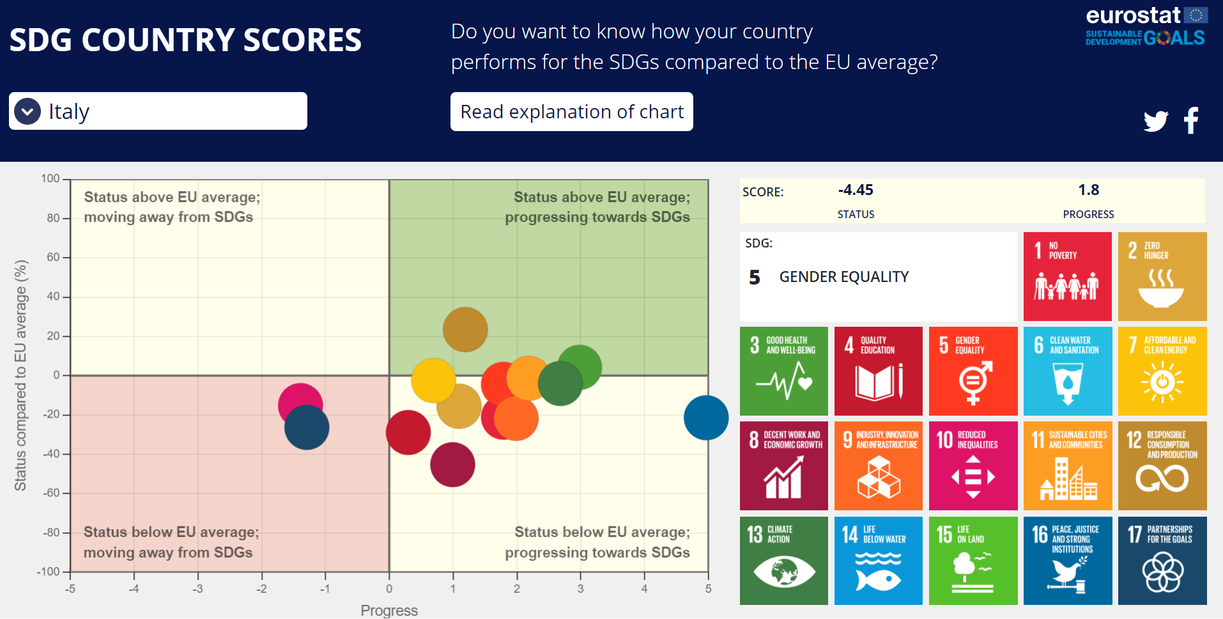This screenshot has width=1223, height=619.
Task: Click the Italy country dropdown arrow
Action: (27, 111)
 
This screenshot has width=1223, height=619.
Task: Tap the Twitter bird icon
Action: (1156, 121)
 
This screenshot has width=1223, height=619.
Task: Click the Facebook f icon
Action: (1191, 120)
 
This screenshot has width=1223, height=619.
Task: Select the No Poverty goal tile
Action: (1067, 276)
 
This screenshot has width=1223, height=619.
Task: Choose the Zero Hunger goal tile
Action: (1162, 276)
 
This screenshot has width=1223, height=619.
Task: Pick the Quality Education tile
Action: (879, 371)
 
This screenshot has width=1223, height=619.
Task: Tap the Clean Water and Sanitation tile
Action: (1068, 371)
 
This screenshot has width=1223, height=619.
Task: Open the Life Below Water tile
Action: (879, 561)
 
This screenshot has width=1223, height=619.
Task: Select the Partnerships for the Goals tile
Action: (1162, 561)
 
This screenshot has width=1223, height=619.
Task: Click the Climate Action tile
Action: (784, 561)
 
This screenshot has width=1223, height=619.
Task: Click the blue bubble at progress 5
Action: (706, 418)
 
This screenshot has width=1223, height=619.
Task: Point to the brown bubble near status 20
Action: (465, 329)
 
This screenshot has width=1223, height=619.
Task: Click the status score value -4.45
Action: (856, 190)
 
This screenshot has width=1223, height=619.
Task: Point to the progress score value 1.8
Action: (1089, 190)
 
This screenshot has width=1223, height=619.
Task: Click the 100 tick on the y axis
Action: (50, 178)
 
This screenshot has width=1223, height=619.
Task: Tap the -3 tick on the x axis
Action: (197, 589)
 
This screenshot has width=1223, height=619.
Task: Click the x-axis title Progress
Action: (389, 610)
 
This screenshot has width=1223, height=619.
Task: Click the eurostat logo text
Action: (1133, 15)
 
